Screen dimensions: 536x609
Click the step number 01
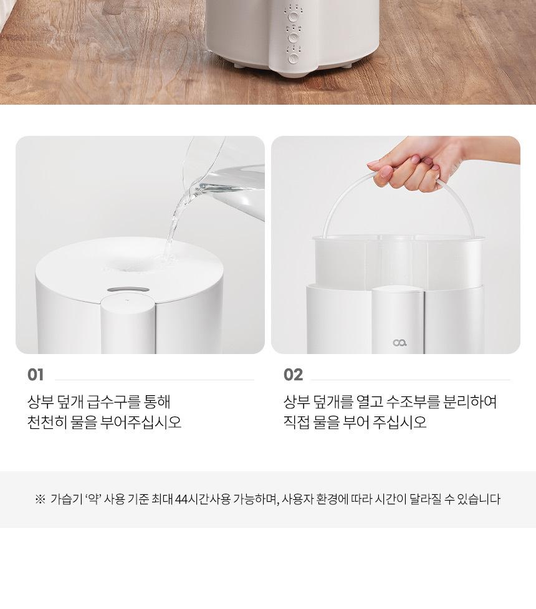pos(36,375)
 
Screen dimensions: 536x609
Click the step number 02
pos(293,375)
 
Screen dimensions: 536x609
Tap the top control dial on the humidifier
pos(294,17)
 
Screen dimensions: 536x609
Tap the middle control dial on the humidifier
pos(294,37)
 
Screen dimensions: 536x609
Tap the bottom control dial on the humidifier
pos(294,58)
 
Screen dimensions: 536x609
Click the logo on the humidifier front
pos(399,343)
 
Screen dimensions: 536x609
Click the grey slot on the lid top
pos(128,290)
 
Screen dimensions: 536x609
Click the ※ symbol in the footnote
pos(40,499)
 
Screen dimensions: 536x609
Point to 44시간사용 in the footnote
pos(203,499)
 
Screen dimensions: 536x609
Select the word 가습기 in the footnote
pos(64,499)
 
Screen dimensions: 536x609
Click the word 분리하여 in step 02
pos(470,401)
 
